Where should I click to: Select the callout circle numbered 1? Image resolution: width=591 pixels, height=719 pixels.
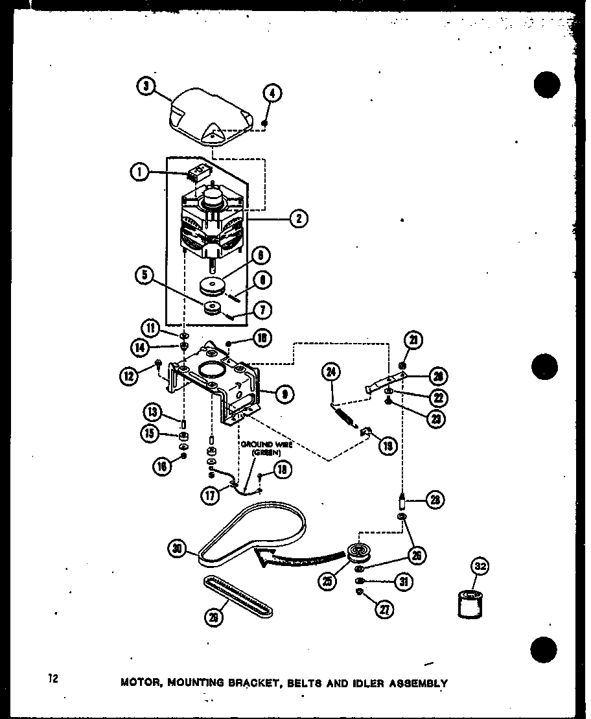click(x=139, y=172)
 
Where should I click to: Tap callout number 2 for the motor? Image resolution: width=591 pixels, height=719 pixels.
click(x=298, y=218)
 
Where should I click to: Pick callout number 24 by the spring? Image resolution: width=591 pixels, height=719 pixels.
click(x=332, y=372)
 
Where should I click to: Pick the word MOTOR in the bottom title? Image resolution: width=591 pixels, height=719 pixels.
click(x=141, y=683)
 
